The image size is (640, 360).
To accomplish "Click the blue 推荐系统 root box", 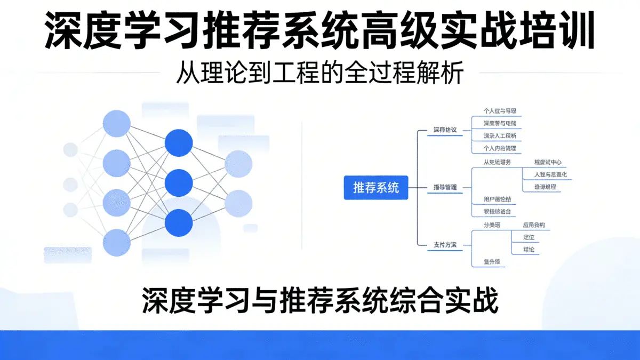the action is point(375,188).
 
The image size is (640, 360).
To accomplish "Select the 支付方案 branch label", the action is point(445,245).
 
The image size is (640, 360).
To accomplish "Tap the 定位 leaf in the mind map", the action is point(529,237).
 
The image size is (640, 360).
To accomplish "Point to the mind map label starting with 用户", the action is point(497,199).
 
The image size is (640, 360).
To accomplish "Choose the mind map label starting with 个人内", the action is point(499,148).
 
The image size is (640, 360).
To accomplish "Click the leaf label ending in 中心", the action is point(548,162).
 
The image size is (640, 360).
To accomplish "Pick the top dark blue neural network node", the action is point(179,142).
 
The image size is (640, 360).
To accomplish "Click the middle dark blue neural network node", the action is point(179,183).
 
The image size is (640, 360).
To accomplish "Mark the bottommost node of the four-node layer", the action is point(116,243).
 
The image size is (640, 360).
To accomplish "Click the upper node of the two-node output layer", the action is point(238,164).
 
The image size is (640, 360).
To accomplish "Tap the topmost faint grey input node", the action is point(70,148).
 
